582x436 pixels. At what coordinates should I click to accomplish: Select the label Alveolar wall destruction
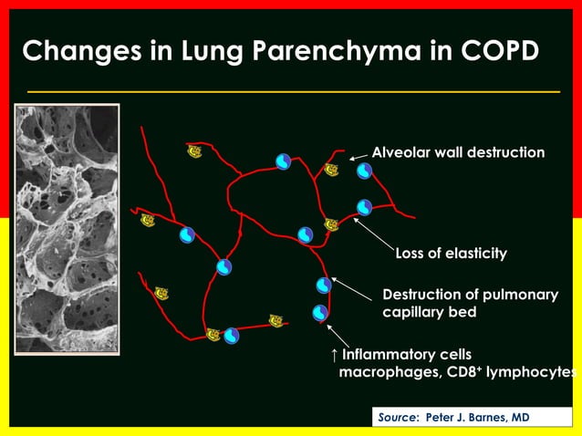pos(458,152)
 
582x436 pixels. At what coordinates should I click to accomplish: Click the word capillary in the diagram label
pos(416,312)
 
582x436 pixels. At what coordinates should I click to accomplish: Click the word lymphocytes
pos(535,372)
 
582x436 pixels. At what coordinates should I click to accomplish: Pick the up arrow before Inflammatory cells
pos(334,354)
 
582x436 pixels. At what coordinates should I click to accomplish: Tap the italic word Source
pos(397,417)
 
